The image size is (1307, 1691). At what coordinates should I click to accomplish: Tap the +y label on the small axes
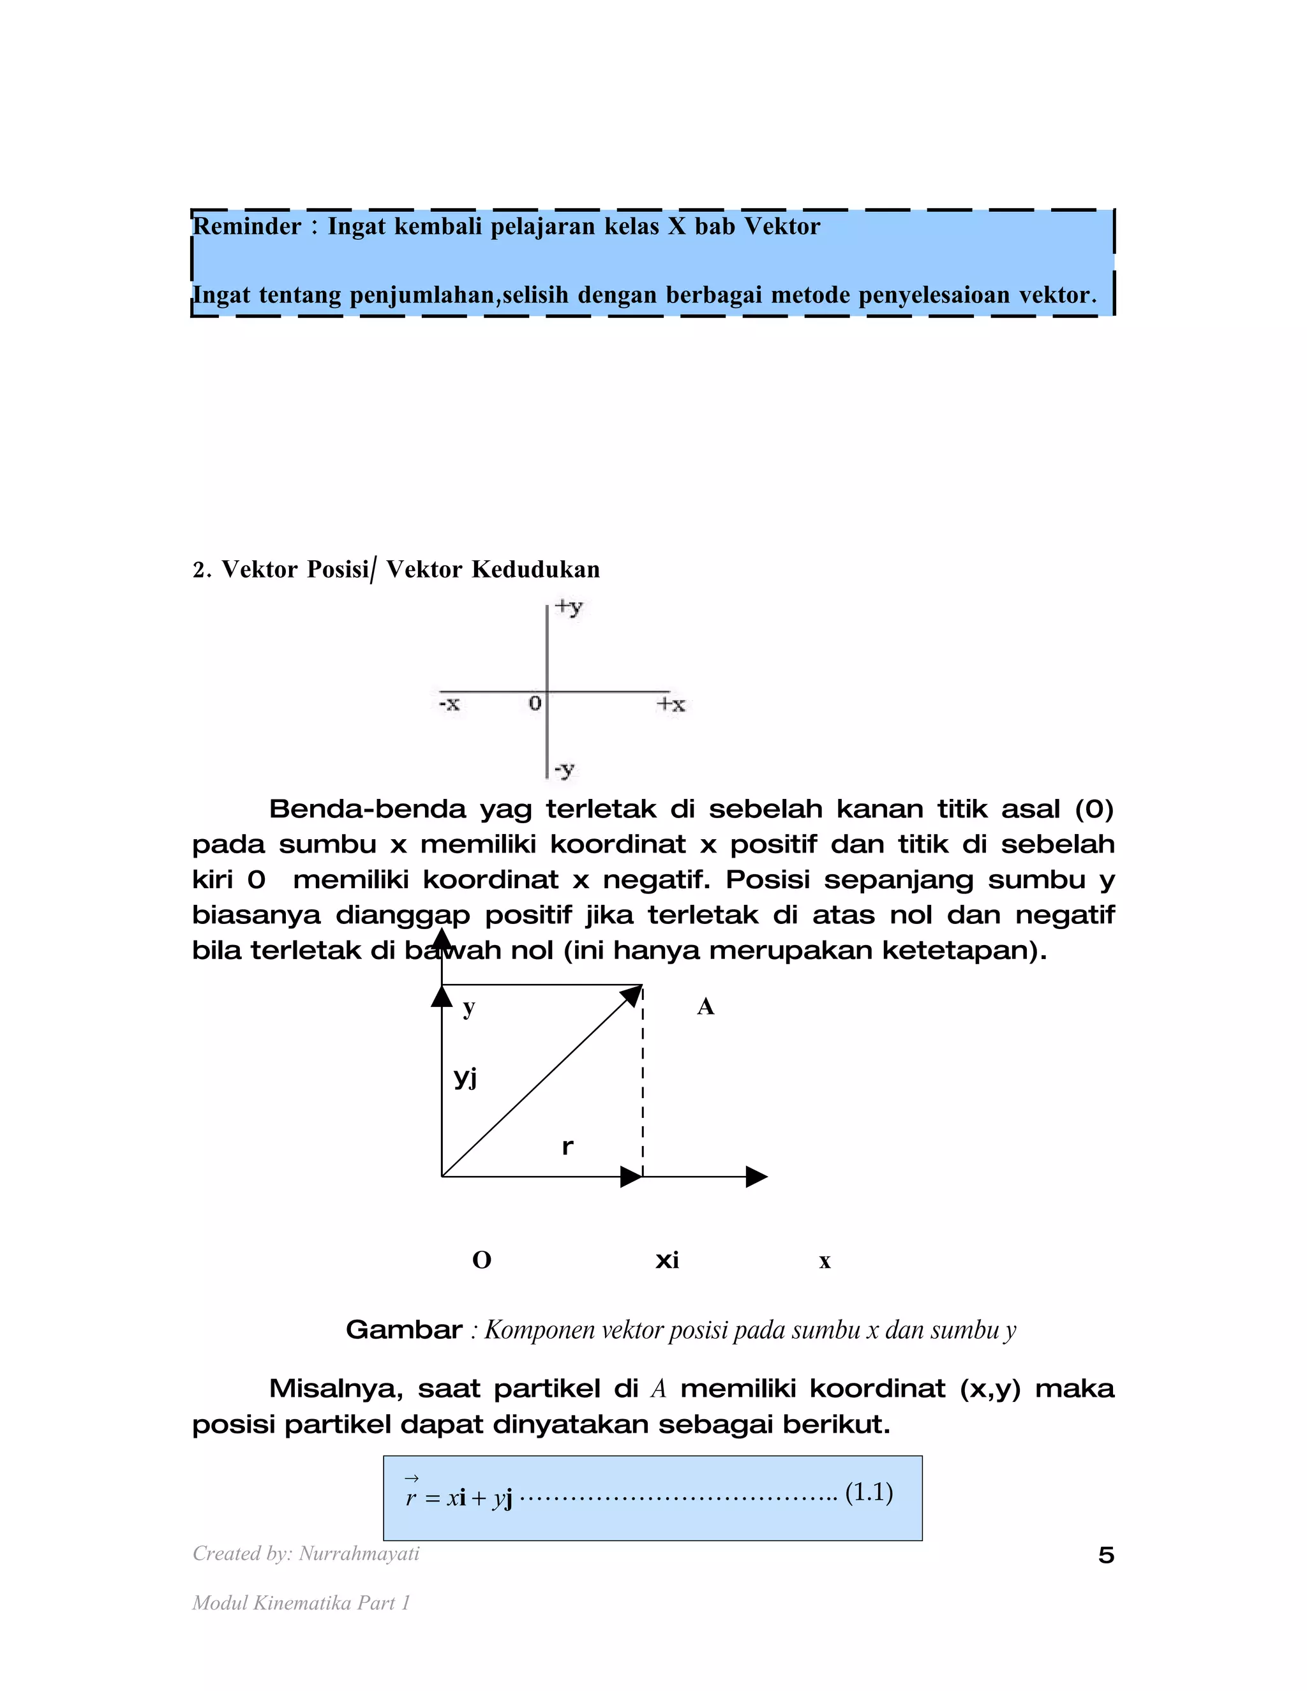569,607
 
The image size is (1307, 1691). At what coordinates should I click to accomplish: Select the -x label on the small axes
449,704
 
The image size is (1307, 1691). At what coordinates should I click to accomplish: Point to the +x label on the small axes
671,704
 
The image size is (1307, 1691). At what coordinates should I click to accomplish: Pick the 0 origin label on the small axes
535,703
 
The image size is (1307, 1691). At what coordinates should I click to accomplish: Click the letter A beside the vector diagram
705,1006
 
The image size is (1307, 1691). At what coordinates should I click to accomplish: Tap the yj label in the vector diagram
465,1076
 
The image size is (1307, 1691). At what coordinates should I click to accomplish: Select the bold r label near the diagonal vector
567,1147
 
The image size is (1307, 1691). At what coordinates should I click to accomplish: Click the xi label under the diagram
667,1260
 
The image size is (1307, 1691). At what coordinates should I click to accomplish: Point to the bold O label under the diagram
482,1260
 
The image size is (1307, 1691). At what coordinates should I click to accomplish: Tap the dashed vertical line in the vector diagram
643,1084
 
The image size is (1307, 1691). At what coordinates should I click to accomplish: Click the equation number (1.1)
869,1491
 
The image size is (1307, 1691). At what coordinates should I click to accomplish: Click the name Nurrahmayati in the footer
359,1553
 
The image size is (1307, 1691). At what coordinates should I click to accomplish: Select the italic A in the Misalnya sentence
659,1389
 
